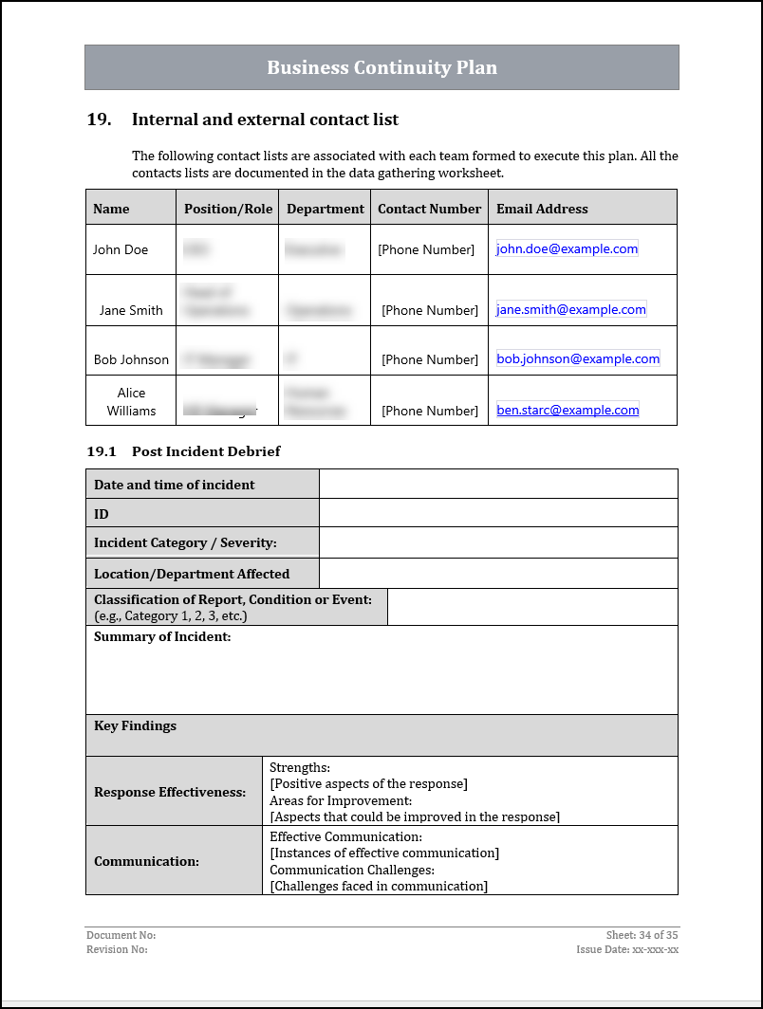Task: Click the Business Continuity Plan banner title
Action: pos(381,67)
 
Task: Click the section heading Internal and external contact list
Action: pos(265,119)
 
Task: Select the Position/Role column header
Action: pos(228,209)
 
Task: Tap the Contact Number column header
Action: pos(429,209)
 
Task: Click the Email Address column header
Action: pos(542,209)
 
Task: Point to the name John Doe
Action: pos(121,249)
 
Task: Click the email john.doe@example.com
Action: pos(567,248)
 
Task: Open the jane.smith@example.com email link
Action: pos(570,309)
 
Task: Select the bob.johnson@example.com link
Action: pos(577,359)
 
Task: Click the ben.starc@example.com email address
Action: pos(568,411)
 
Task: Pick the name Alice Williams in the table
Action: pos(131,402)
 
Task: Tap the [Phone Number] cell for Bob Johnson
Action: pos(429,359)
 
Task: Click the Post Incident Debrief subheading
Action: pos(206,451)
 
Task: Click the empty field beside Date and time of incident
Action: pos(498,485)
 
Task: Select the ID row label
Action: pos(102,514)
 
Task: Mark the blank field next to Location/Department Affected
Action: pos(498,574)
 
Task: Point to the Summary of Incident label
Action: pos(162,637)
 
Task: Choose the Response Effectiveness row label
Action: pos(170,792)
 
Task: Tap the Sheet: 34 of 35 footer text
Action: pos(642,935)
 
